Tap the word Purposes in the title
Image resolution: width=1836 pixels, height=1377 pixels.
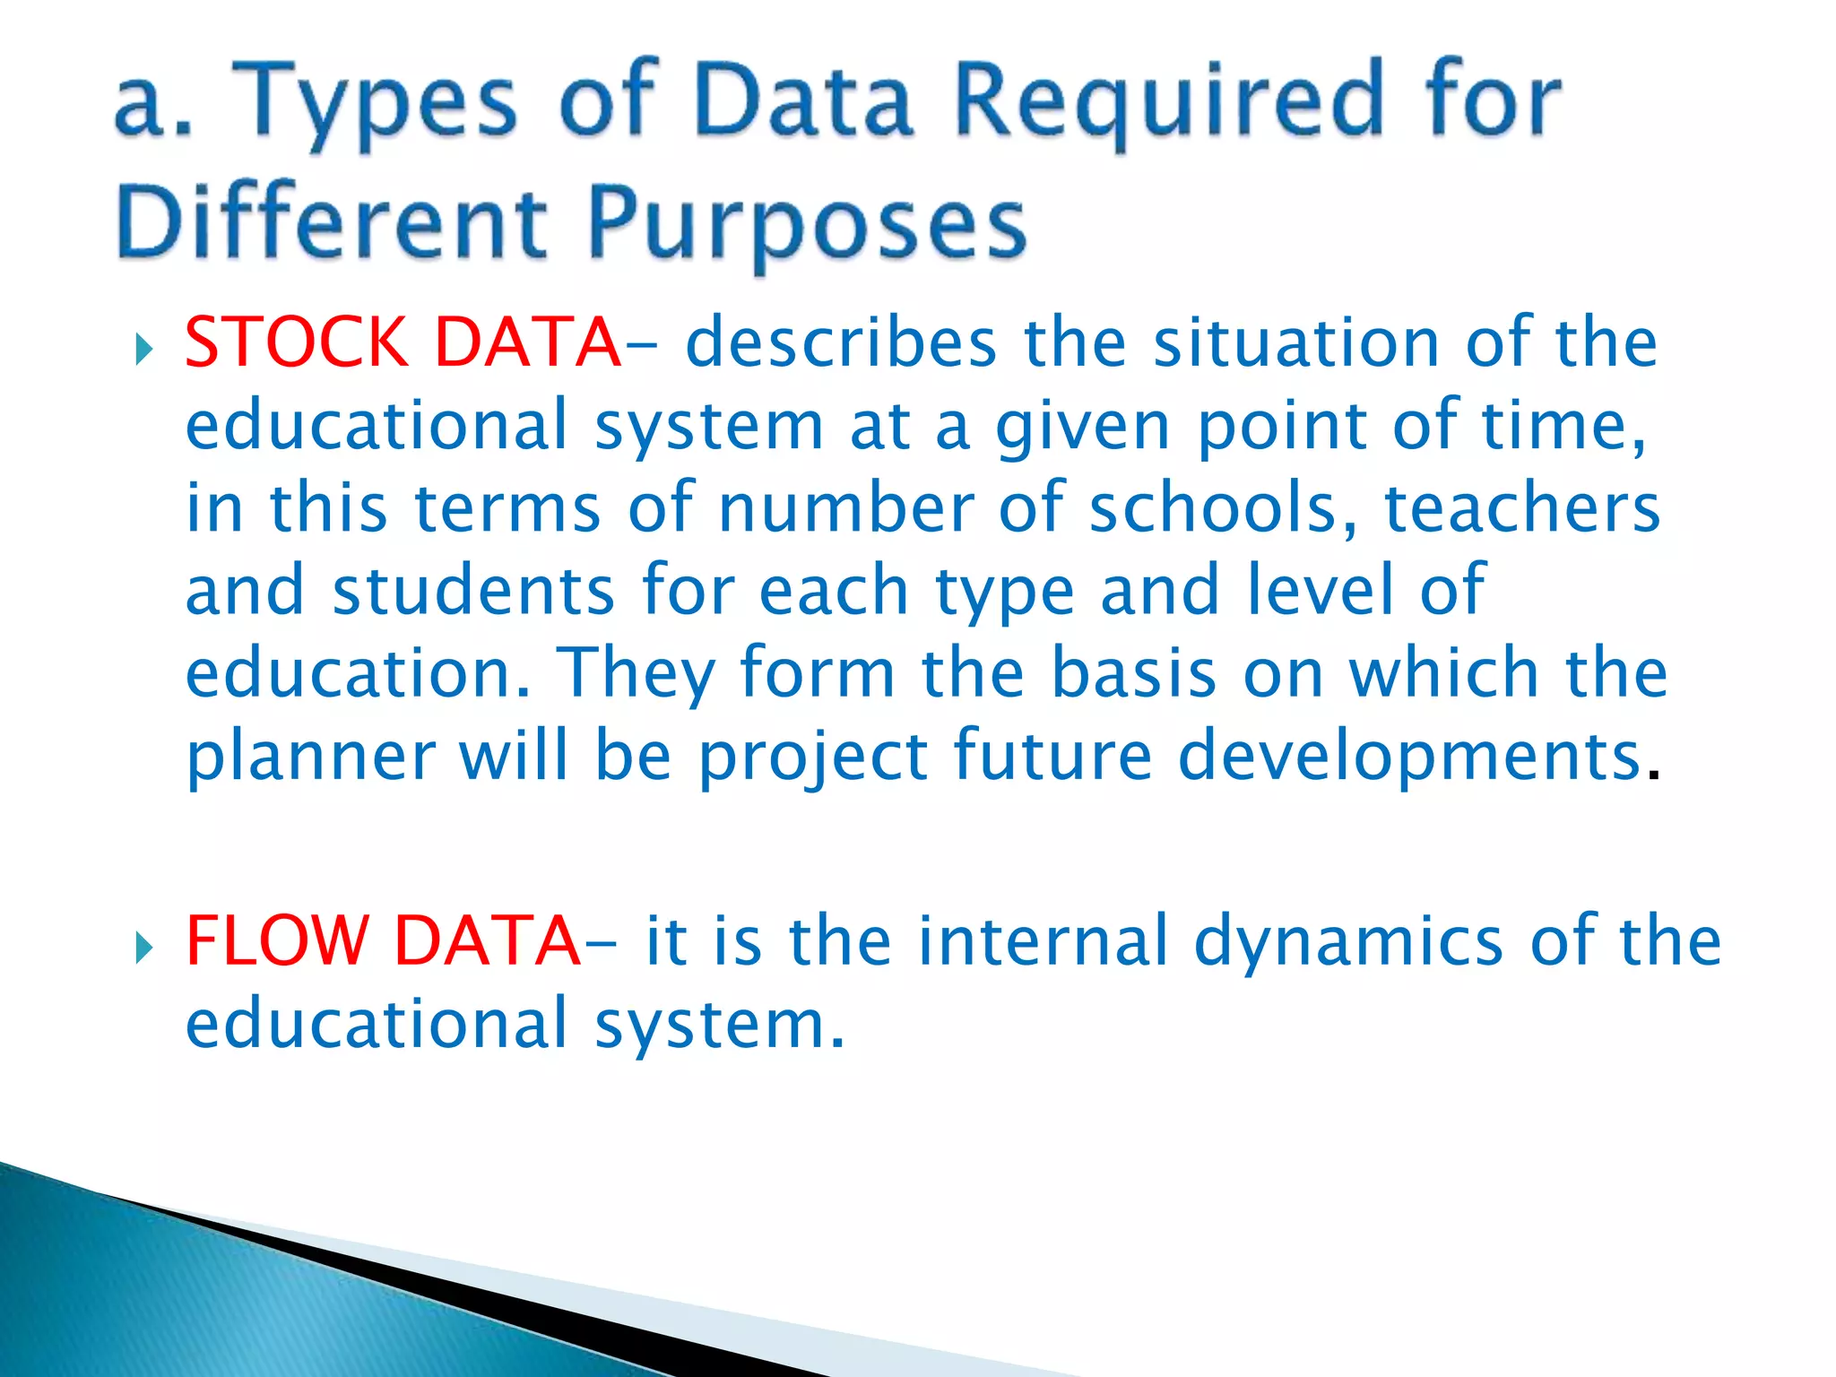click(x=807, y=223)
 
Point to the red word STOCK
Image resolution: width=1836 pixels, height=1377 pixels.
click(x=296, y=342)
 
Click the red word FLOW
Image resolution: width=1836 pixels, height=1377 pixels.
click(x=277, y=940)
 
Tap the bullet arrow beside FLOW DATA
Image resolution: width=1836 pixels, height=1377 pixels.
click(x=143, y=947)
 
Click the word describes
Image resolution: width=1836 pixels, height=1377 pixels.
click(x=841, y=342)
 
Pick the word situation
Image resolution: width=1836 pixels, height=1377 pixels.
click(x=1295, y=342)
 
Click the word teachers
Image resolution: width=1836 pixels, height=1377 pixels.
click(x=1522, y=508)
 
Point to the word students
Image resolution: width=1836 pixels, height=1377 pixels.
click(x=473, y=591)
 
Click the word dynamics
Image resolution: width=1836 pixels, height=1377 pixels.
click(x=1348, y=940)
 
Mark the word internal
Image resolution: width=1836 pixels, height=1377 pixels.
click(x=1043, y=940)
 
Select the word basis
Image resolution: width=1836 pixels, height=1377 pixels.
click(x=1133, y=673)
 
